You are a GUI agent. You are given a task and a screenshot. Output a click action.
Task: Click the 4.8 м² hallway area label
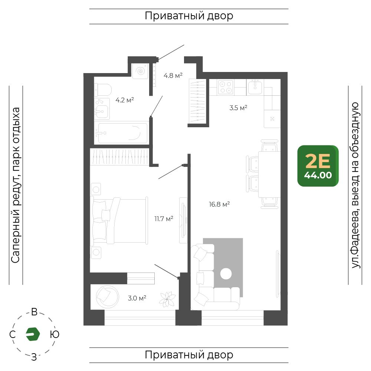[x=173, y=75]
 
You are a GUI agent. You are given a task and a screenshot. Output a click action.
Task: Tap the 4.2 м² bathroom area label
[x=125, y=100]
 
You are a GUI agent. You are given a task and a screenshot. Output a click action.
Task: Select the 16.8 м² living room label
[x=219, y=204]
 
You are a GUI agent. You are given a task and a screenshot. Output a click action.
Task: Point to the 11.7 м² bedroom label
[x=164, y=219]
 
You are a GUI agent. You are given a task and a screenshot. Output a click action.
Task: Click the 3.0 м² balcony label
[x=137, y=298]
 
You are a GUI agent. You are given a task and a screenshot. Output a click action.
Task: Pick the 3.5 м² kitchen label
[x=238, y=108]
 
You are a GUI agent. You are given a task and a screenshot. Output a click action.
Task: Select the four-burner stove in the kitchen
[x=226, y=87]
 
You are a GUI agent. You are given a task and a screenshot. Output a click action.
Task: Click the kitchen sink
[x=255, y=87]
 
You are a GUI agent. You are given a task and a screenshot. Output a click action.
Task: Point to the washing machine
[x=140, y=71]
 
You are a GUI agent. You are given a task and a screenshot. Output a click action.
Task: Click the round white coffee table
[x=226, y=274]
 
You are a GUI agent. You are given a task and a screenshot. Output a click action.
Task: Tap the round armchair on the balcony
[x=107, y=297]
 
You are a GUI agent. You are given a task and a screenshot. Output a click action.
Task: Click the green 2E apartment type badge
[x=318, y=166]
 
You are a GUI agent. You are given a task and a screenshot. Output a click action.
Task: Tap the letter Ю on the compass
[x=55, y=334]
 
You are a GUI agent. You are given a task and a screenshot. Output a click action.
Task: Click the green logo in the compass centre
[x=33, y=334]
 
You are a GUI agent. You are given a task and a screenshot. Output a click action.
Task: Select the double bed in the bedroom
[x=120, y=220]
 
